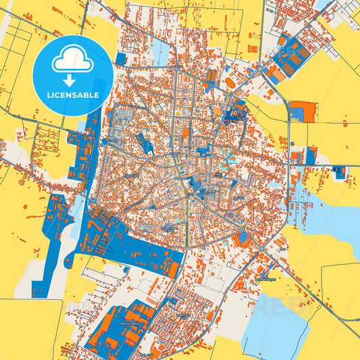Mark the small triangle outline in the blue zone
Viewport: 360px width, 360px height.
[x=106, y=248]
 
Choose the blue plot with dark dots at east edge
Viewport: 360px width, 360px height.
[x=340, y=172]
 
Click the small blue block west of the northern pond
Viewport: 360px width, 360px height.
[x=120, y=59]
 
